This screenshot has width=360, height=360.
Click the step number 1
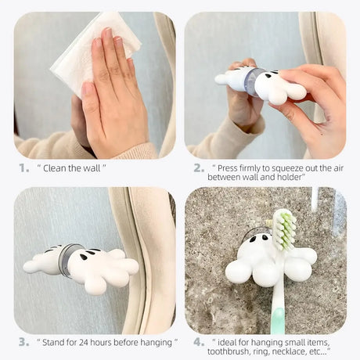click(23, 167)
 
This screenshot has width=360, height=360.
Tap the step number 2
click(199, 167)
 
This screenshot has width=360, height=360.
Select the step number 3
click(23, 342)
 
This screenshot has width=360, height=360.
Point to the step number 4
click(199, 342)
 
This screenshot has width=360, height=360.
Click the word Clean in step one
click(60, 167)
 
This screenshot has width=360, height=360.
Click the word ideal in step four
click(232, 342)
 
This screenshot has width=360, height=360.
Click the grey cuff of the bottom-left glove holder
click(69, 260)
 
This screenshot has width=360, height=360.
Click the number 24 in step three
click(92, 342)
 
